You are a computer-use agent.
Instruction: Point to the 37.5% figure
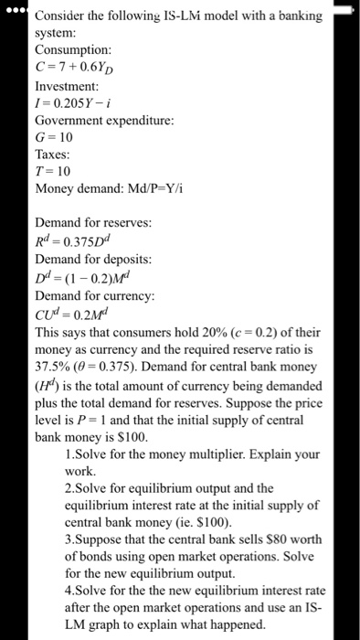tap(53, 366)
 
